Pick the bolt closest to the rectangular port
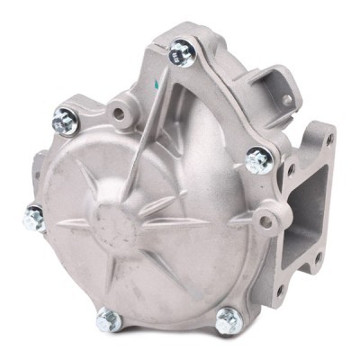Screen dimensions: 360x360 [258, 159]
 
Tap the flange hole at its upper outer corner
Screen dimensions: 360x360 [329, 139]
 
